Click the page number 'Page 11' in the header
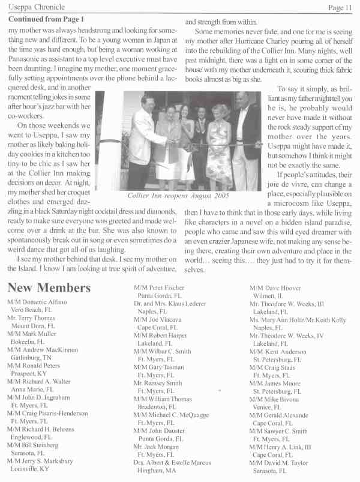pyautogui.click(x=340, y=7)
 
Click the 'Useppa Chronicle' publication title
pyautogui.click(x=35, y=7)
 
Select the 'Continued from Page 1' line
pyautogui.click(x=46, y=19)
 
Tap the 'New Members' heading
pyautogui.click(x=49, y=288)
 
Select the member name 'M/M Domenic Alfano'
pyautogui.click(x=37, y=301)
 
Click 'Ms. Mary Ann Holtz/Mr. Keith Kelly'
pyautogui.click(x=298, y=320)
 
